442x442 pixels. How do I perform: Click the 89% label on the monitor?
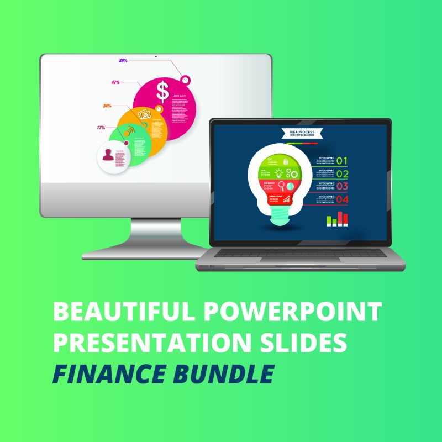123,60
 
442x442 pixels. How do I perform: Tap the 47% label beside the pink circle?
115,82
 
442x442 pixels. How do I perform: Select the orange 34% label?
107,106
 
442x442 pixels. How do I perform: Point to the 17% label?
101,128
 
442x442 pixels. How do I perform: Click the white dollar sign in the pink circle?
162,90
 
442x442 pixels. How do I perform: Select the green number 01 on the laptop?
343,161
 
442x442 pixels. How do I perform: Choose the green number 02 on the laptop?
343,174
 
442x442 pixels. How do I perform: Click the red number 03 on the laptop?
343,186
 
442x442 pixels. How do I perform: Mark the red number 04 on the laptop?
343,199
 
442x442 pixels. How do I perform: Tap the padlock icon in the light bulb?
286,161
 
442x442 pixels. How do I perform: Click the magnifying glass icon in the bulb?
281,185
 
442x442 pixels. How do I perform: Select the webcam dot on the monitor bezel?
156,56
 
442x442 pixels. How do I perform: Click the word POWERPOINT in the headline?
292,312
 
